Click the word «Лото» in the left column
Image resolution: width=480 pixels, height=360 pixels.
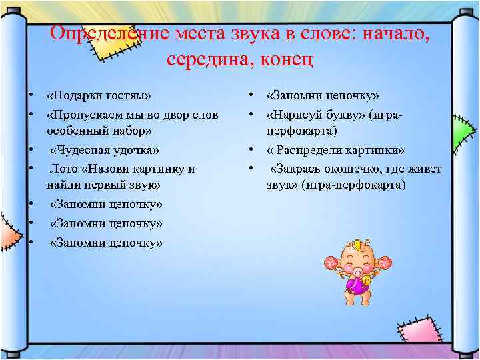pos(63,169)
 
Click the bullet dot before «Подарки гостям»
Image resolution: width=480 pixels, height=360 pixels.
pos(31,96)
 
